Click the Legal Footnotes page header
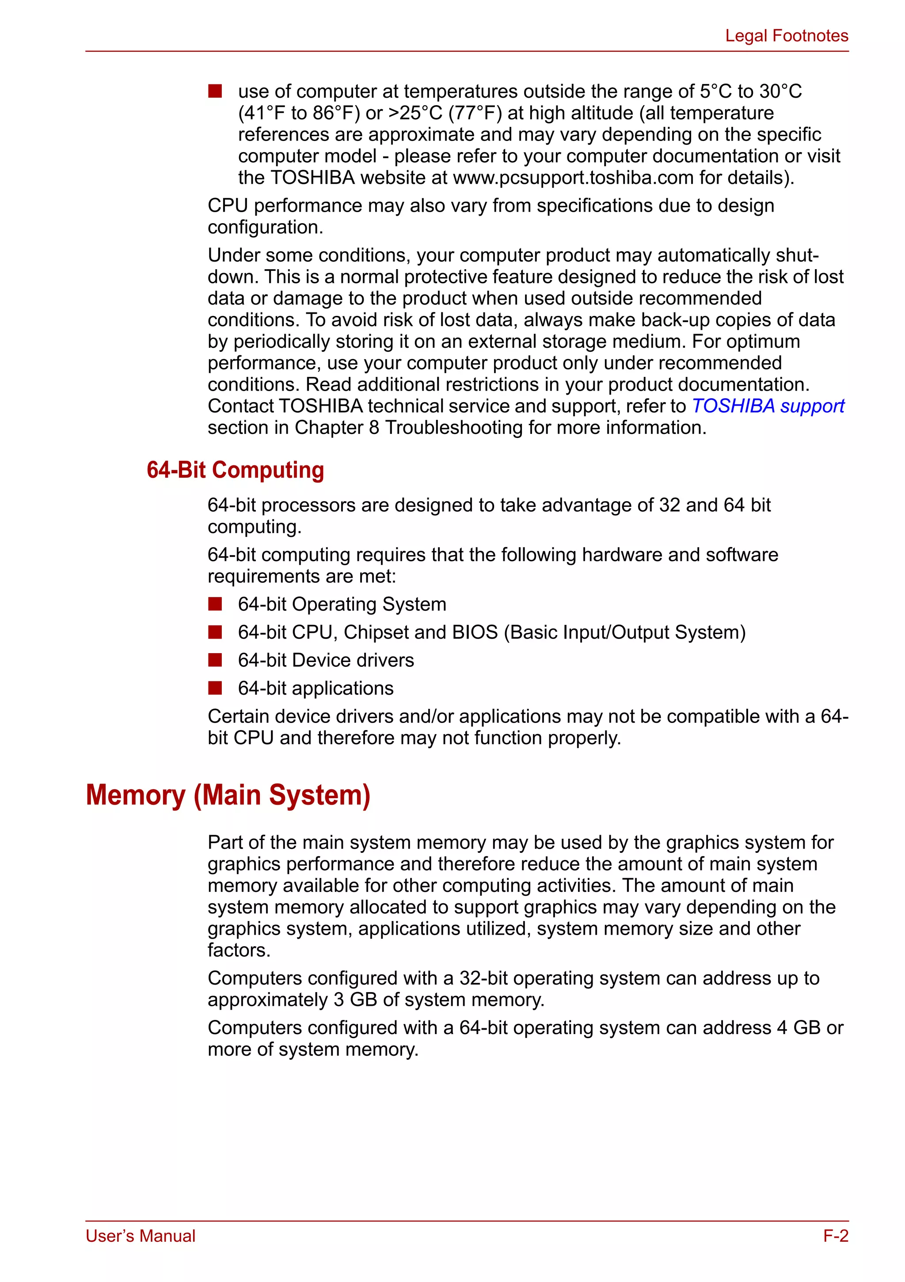tap(786, 36)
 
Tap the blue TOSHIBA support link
tap(768, 406)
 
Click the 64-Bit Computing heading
tap(235, 470)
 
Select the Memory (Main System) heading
tap(228, 795)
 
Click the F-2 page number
tap(835, 1236)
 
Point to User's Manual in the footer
tap(140, 1236)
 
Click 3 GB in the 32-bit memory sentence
tap(355, 1000)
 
